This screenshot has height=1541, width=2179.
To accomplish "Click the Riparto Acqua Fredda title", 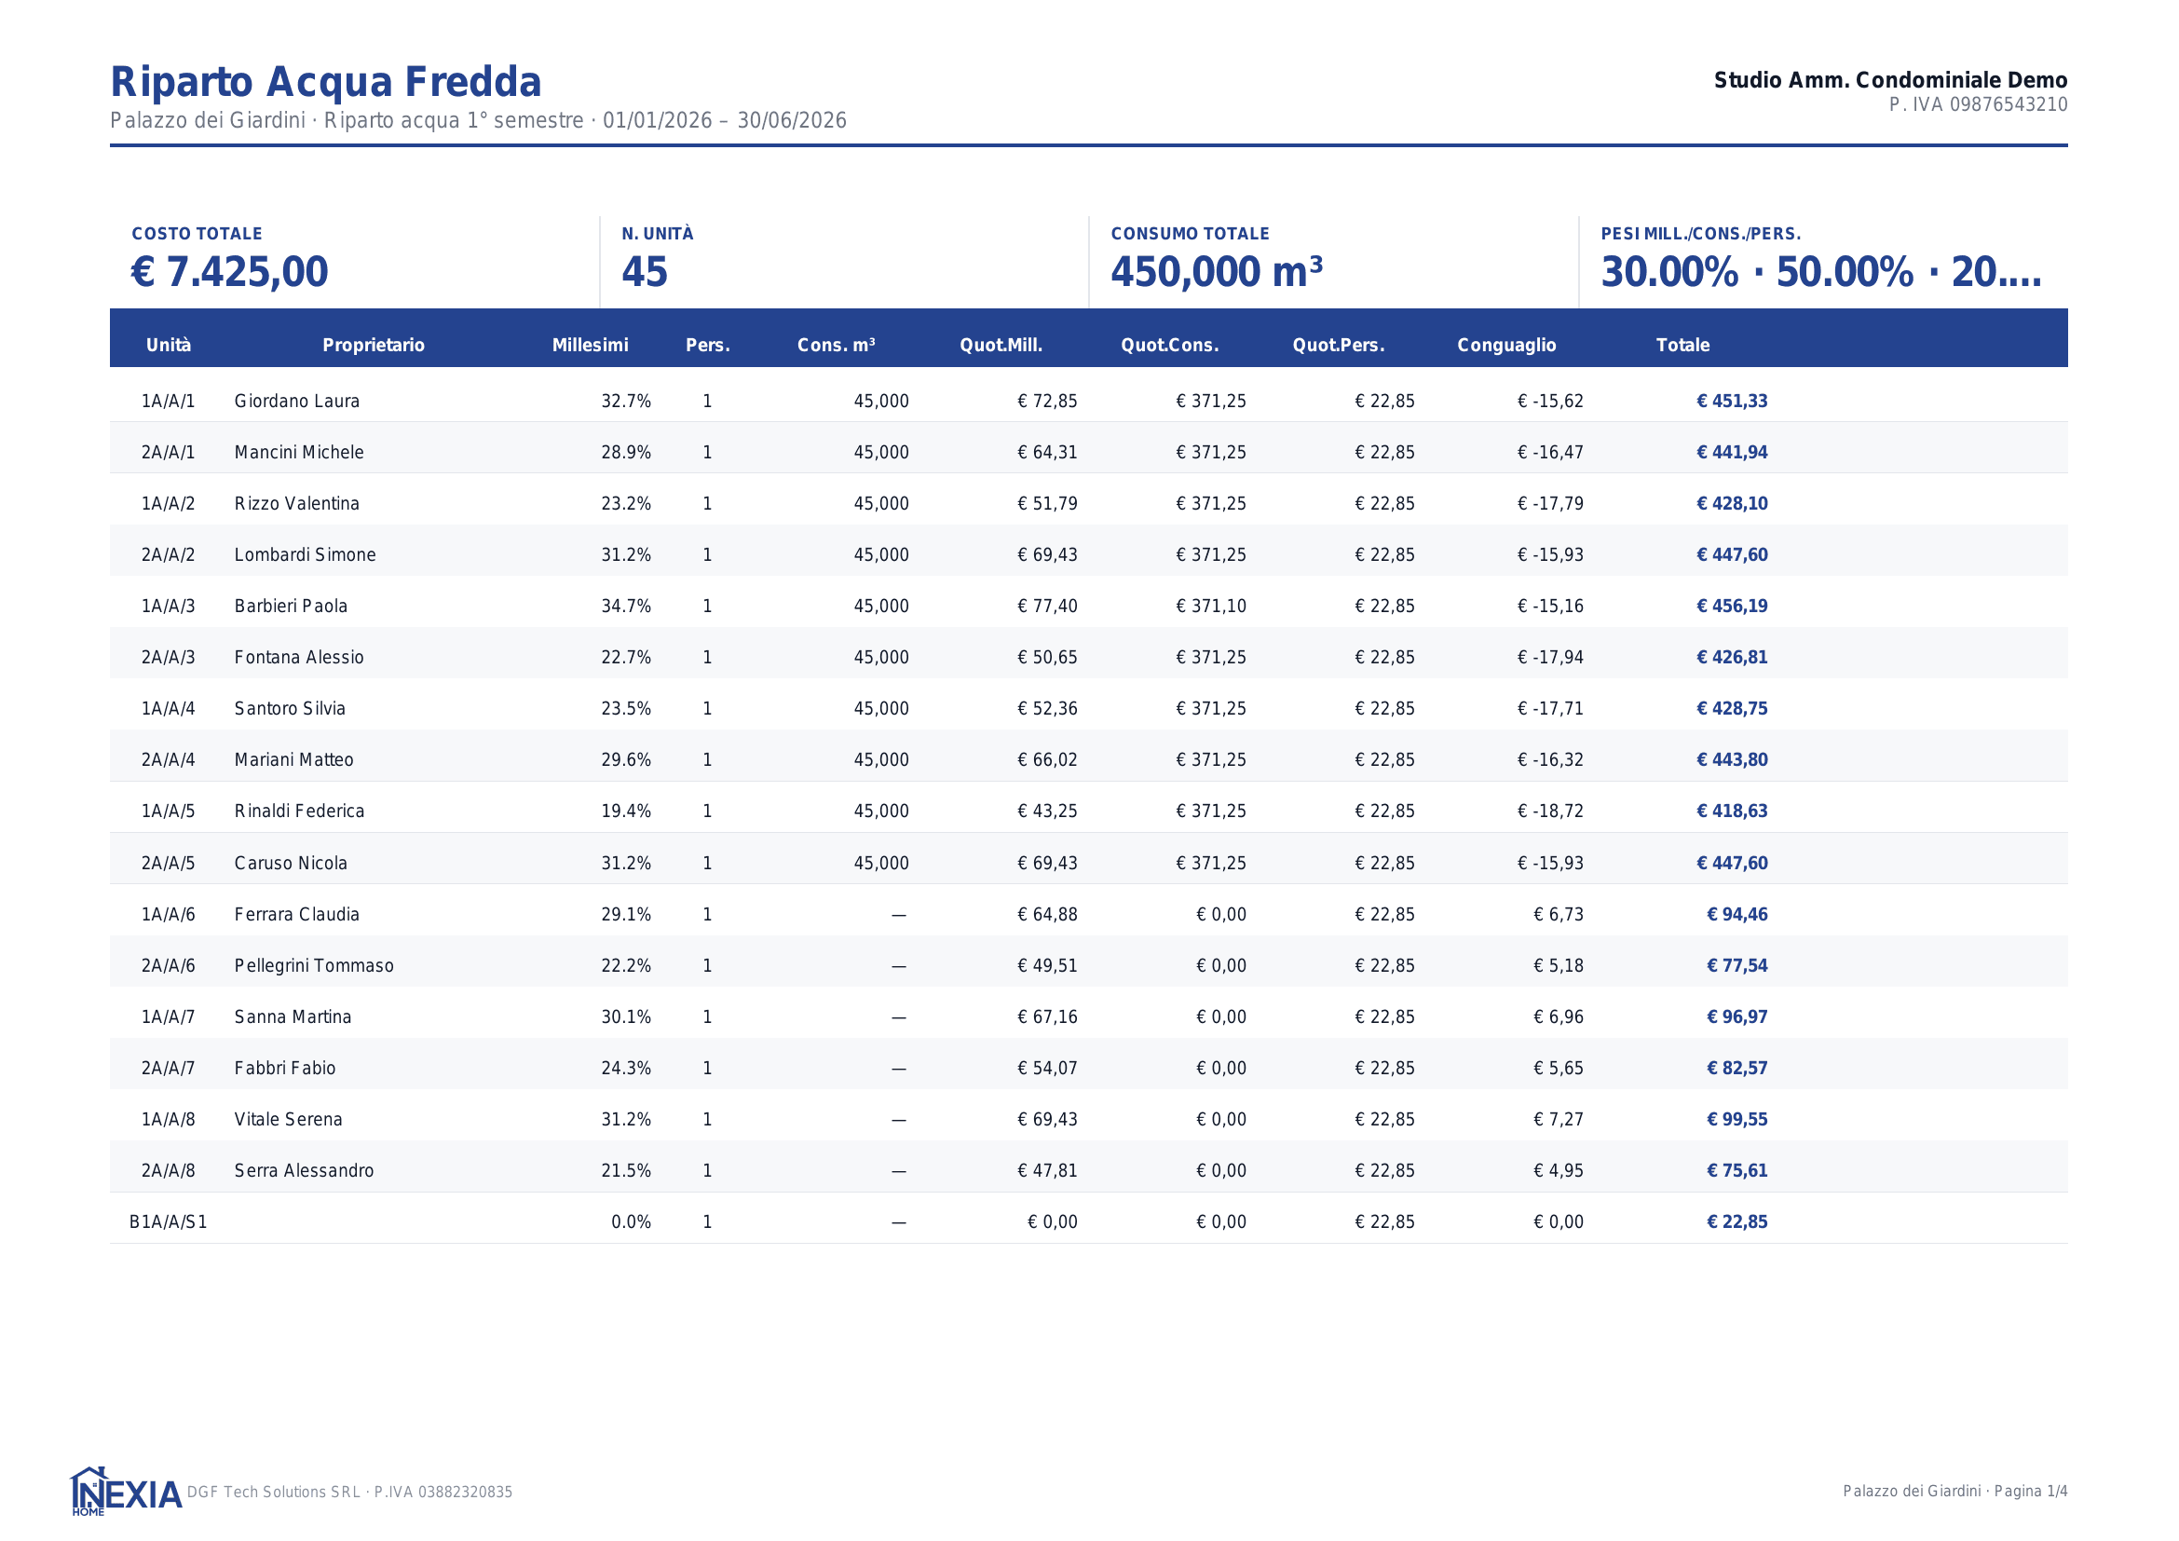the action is pos(325,82).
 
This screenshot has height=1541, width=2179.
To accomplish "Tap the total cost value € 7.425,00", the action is pos(230,271).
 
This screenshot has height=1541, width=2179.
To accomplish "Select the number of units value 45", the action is pos(645,271).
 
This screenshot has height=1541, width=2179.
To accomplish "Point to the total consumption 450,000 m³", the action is pos(1217,271).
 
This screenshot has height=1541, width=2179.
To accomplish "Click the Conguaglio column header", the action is pos(1506,346).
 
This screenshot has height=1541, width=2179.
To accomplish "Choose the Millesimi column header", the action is pos(591,346).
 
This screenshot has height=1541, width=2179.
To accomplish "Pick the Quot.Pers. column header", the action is pos(1338,346).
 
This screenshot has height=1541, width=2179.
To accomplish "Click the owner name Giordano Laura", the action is pos(297,402).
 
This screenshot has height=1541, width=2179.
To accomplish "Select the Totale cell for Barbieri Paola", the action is pos(1732,607).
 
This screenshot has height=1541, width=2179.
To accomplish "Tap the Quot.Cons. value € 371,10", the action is pos(1211,607).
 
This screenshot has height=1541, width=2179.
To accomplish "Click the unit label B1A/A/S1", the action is pos(168,1222).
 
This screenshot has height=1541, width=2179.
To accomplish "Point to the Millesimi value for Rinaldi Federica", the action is pos(626,811).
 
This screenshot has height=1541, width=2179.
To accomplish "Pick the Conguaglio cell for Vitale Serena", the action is pos(1559,1120).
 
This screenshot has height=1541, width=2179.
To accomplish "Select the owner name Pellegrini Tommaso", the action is pos(314,966).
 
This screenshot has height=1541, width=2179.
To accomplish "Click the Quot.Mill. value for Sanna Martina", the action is pos(1048,1017).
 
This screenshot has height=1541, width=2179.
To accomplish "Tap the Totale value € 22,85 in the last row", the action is pos(1736,1222).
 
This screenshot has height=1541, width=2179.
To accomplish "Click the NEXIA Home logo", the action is pos(125,1492).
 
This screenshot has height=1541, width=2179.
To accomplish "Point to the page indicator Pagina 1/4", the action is pos(2031,1492).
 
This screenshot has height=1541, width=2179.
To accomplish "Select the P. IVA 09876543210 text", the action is pos(1978,104).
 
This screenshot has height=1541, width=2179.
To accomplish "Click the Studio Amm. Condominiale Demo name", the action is pos(1890,80).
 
